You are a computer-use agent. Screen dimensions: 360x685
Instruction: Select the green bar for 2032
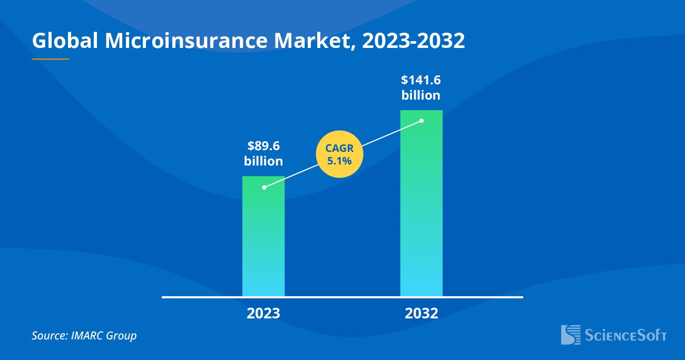click(x=422, y=211)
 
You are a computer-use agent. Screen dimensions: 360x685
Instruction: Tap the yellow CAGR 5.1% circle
click(x=339, y=154)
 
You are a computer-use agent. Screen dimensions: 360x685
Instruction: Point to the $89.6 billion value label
click(x=263, y=153)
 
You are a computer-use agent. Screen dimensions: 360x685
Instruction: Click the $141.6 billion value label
click(x=420, y=87)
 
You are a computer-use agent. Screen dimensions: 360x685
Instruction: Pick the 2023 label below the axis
click(x=263, y=314)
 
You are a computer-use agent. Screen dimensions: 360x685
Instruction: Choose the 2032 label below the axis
click(x=422, y=314)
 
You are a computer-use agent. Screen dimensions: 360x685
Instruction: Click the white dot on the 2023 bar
click(x=264, y=187)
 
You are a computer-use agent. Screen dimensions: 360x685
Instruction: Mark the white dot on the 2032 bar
click(x=422, y=121)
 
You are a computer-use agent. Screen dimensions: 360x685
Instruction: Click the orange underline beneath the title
click(x=50, y=59)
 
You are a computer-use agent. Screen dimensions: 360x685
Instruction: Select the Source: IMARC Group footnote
click(x=84, y=335)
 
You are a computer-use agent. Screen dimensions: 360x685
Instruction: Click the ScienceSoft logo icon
click(x=571, y=335)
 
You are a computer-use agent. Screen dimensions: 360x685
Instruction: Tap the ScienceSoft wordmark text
click(x=626, y=335)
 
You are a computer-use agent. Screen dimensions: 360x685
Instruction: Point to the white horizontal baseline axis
click(x=342, y=297)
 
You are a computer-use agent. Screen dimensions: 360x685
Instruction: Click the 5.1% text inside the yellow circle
click(x=339, y=161)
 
